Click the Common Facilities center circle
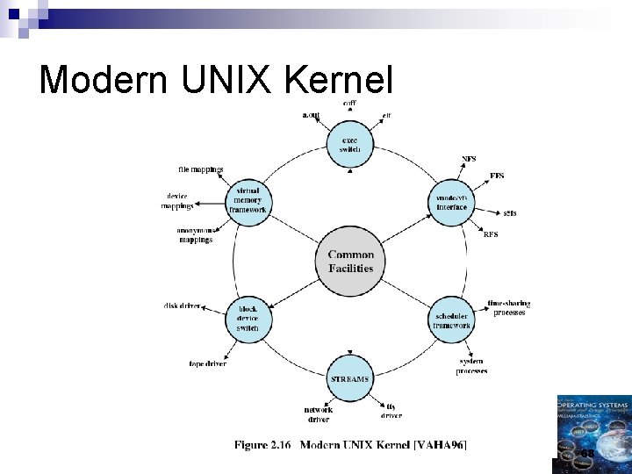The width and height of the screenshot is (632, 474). point(351,262)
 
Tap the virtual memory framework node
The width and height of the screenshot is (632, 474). point(248,202)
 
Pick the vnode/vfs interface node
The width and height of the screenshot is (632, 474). point(452,203)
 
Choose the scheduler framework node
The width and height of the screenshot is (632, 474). point(452,320)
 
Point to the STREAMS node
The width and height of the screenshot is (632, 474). point(350,377)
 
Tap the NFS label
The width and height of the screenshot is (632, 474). point(470,159)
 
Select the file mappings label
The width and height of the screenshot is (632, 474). point(201,169)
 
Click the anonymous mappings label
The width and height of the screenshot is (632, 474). point(196,235)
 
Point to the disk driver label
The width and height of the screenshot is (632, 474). point(183,305)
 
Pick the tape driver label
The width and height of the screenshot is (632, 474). point(208,363)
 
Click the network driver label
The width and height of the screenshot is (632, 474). point(318,414)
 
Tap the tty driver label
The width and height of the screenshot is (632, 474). point(391,411)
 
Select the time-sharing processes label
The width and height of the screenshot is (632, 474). point(509,308)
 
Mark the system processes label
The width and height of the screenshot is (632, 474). point(471,366)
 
